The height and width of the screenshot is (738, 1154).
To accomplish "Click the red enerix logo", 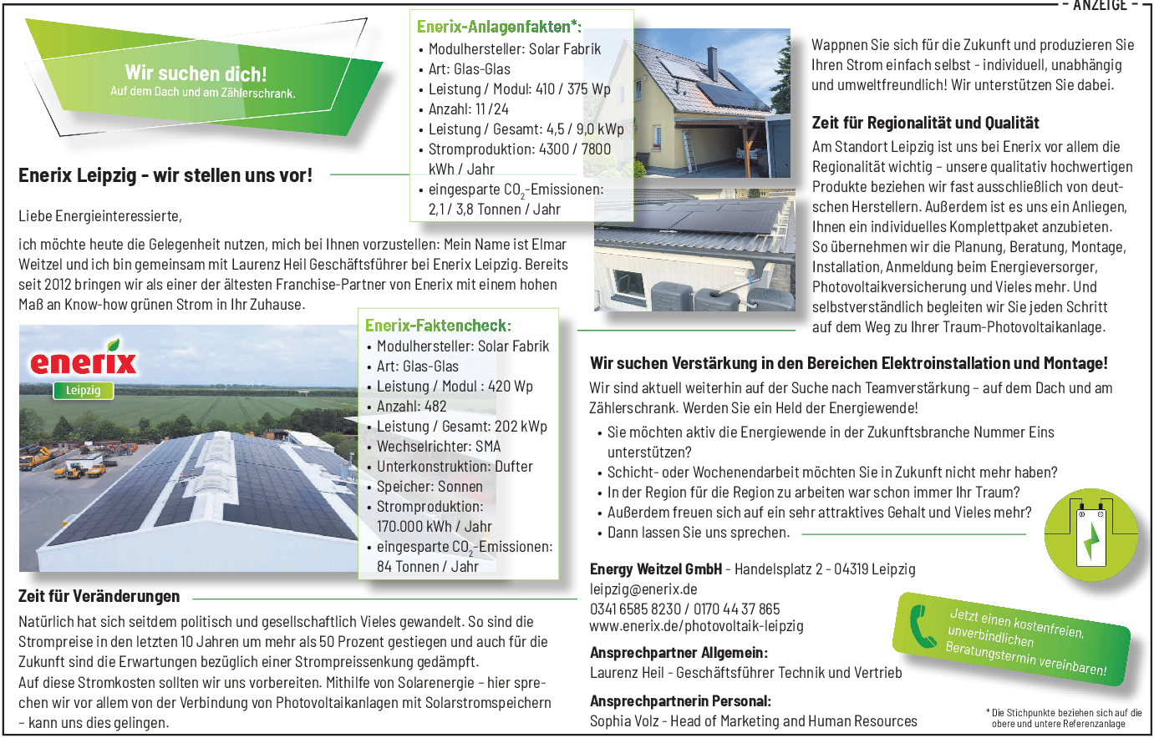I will [84, 360].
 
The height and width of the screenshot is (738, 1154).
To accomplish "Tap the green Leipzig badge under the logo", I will [83, 390].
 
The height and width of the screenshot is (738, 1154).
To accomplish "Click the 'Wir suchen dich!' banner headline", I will [196, 73].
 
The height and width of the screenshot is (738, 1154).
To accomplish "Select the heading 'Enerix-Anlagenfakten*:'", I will [499, 27].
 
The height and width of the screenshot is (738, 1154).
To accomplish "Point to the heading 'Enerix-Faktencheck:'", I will [438, 326].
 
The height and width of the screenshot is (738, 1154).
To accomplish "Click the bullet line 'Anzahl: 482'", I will [411, 407].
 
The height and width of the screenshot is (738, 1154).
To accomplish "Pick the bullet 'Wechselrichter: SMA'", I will [438, 447].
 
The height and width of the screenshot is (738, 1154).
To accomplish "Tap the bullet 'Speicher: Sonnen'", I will [430, 487].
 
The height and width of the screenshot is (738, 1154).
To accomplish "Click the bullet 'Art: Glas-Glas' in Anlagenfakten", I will [469, 69].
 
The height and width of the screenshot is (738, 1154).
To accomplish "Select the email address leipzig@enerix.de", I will [643, 589].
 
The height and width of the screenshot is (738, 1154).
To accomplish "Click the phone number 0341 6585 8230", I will [635, 609].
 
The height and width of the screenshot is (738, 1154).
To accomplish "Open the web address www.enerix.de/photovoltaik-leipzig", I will [696, 626].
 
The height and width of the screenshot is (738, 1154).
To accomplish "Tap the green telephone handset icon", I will [922, 626].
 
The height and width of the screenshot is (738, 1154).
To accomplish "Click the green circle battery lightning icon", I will [1090, 534].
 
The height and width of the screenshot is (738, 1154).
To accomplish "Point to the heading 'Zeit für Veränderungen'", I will [99, 596].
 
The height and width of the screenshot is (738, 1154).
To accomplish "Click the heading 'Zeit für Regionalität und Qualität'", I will [925, 123].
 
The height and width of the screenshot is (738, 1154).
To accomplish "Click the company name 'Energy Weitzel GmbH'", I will [655, 569].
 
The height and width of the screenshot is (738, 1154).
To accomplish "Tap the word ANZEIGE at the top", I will [1100, 6].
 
